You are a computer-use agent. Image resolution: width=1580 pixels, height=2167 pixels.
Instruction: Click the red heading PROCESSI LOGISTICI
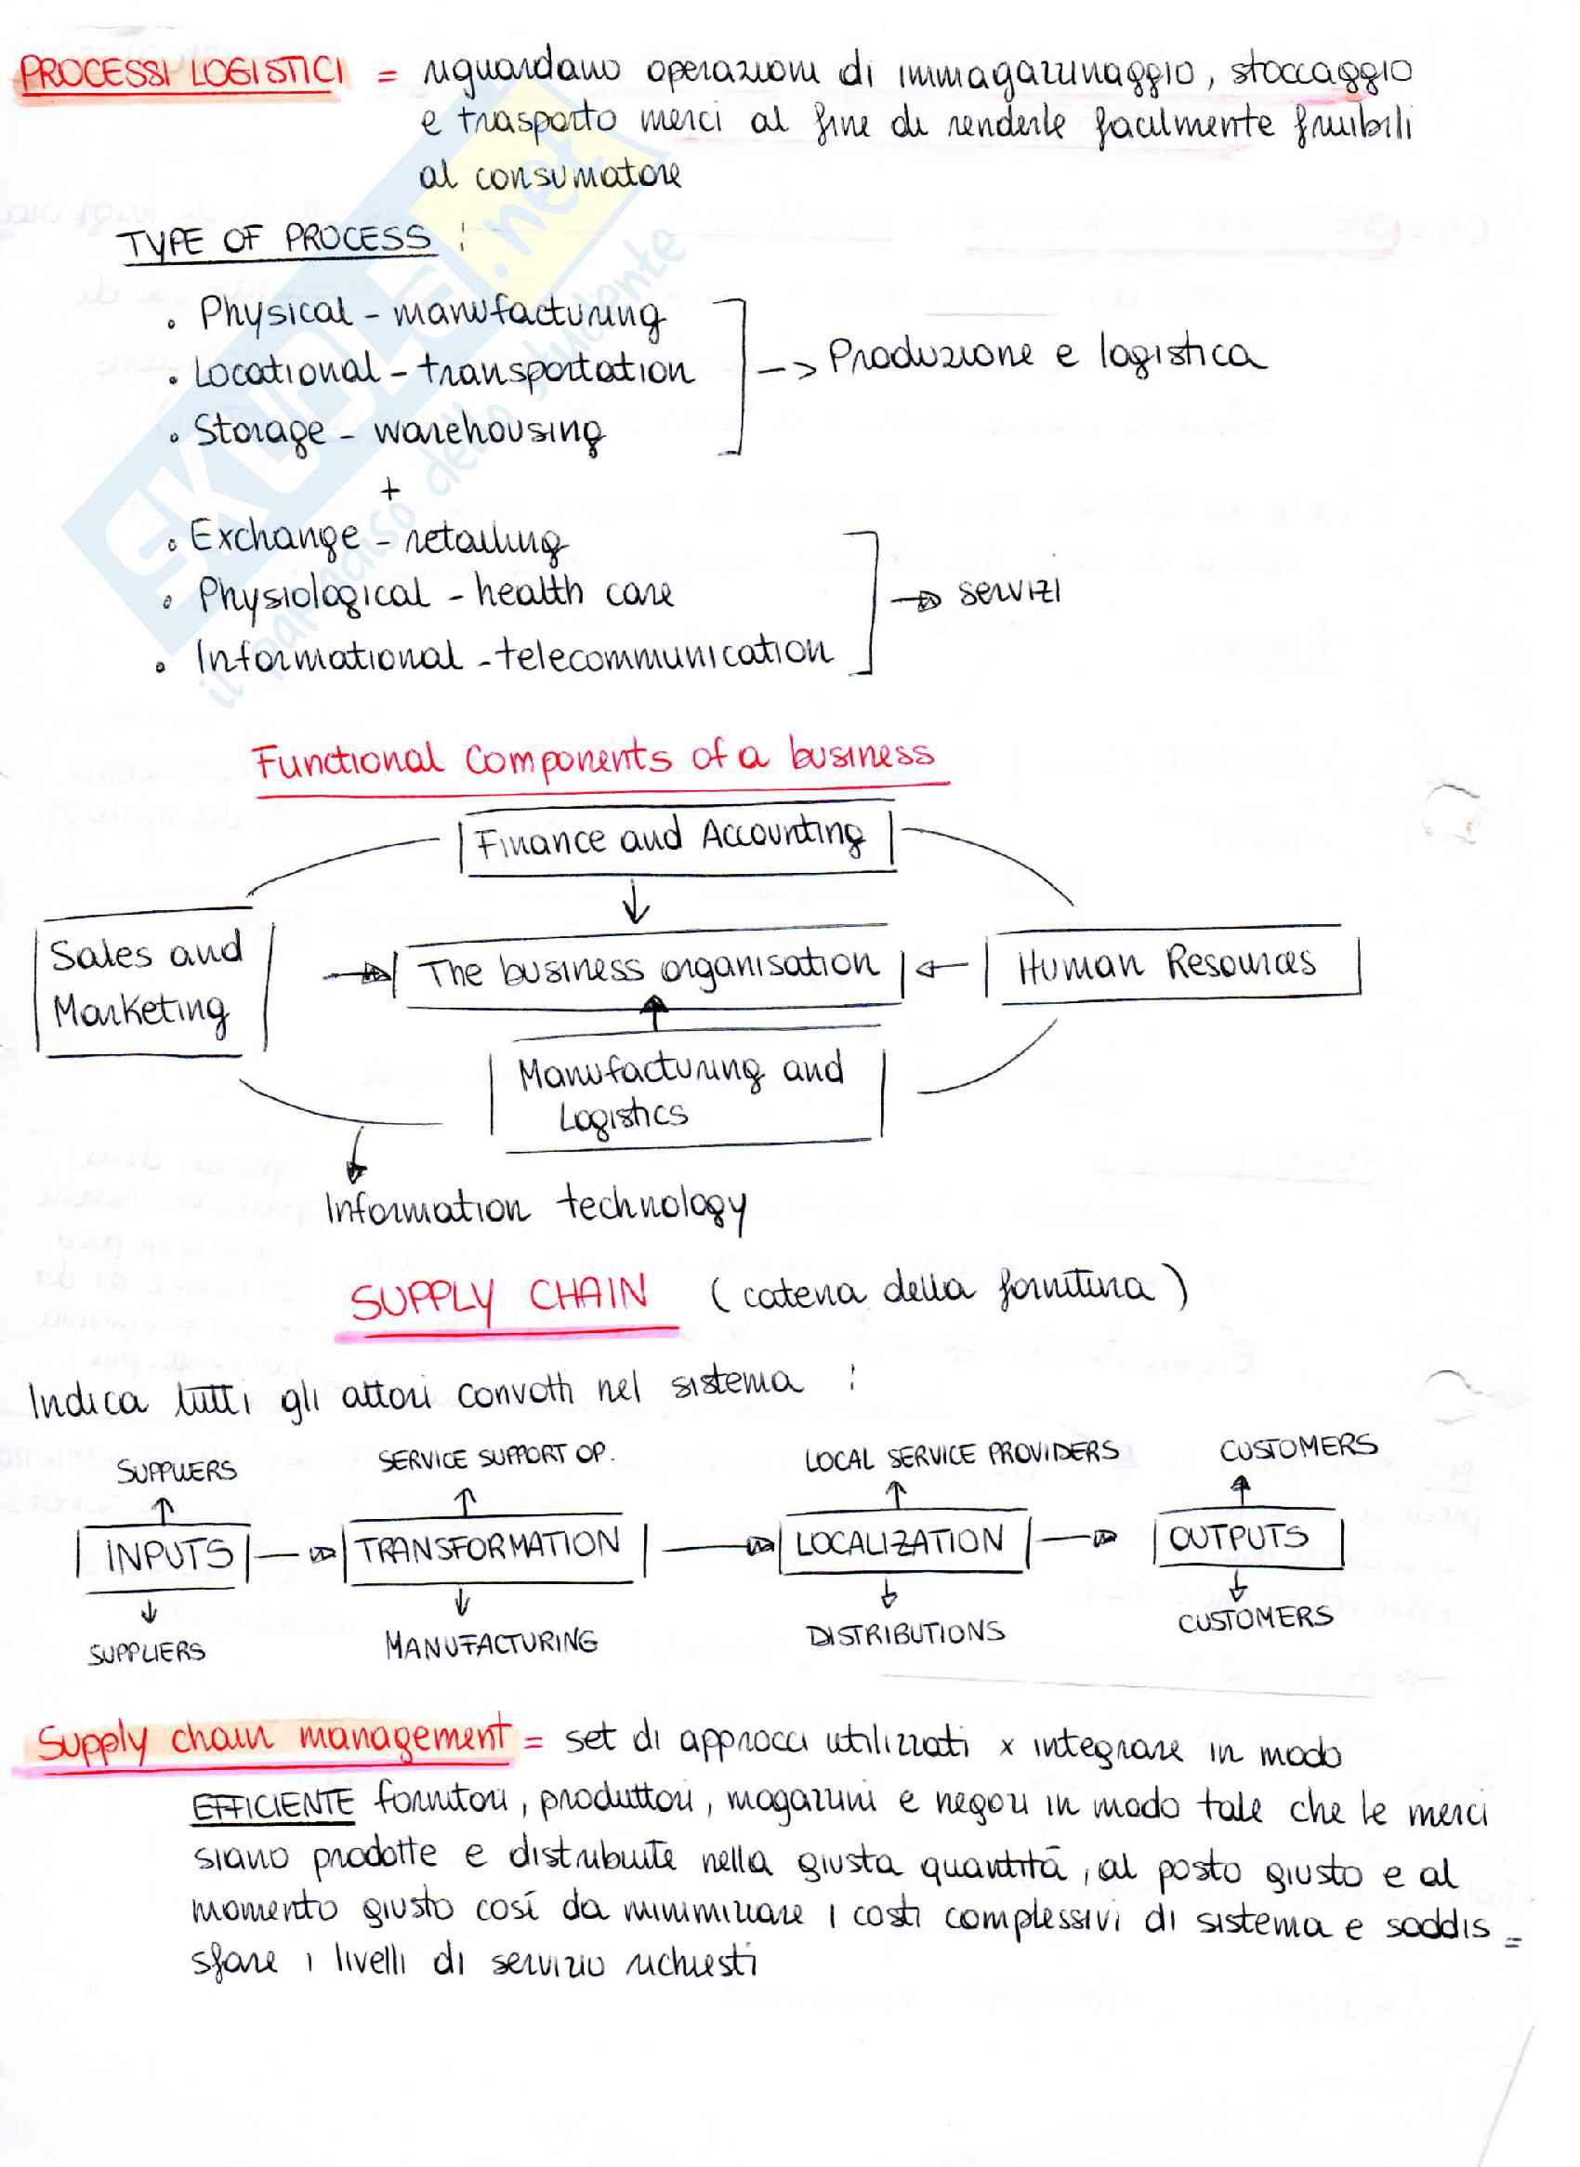tap(180, 73)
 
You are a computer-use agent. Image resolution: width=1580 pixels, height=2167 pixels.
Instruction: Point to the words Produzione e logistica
tap(1045, 356)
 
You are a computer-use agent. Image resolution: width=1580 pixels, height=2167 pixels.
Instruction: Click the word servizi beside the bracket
tap(1009, 593)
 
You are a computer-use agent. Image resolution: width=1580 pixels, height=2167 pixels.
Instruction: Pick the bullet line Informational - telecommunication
tap(514, 655)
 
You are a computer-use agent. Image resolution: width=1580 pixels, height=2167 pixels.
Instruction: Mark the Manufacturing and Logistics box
tap(683, 1092)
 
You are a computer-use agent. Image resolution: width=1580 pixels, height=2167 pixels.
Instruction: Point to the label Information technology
tap(535, 1208)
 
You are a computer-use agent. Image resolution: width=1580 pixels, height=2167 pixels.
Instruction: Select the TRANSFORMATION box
tap(490, 1546)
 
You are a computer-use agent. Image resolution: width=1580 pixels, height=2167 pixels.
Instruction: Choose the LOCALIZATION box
tap(901, 1542)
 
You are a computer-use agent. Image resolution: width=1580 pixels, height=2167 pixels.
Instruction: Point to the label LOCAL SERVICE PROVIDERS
tap(961, 1455)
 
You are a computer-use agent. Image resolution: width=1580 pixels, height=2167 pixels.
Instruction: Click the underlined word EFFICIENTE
tap(273, 1806)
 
